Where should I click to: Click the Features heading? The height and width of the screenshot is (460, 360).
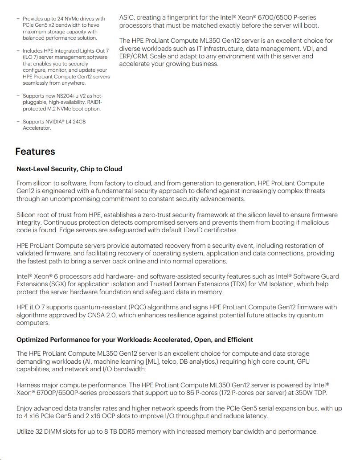click(35, 152)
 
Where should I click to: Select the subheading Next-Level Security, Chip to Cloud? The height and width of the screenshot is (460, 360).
click(69, 169)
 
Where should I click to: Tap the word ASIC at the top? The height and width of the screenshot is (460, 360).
click(127, 18)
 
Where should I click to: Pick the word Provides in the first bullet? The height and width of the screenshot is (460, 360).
click(33, 19)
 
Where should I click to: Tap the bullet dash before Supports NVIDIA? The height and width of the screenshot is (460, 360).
click(18, 122)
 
